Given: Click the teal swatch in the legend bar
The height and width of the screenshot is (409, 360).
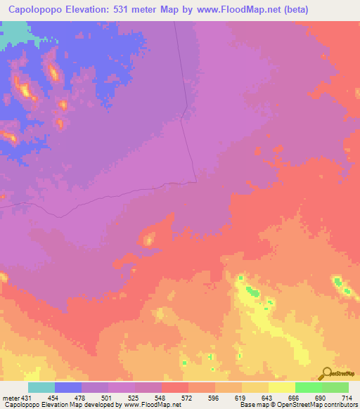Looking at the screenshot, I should (x=41, y=387).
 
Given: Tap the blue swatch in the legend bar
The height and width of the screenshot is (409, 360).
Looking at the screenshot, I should (x=68, y=387).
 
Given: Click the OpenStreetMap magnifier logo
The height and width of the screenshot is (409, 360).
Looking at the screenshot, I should (x=328, y=373).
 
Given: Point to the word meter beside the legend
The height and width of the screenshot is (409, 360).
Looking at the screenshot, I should (x=10, y=398).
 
